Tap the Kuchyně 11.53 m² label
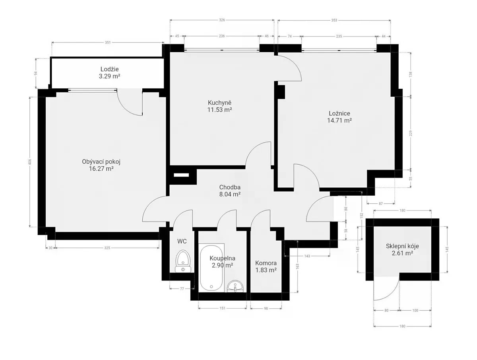(219, 106)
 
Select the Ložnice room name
(339, 113)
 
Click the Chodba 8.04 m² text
(230, 191)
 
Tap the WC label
(182, 241)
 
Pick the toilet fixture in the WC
(183, 261)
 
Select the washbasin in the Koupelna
(235, 286)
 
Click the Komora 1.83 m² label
(266, 267)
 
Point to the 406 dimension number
(30, 162)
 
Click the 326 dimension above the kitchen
(222, 20)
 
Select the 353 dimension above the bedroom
(334, 20)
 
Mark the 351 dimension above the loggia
(108, 43)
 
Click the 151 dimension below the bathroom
(222, 308)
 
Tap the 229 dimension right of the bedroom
(411, 133)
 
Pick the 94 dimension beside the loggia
(36, 73)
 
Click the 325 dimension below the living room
(107, 247)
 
